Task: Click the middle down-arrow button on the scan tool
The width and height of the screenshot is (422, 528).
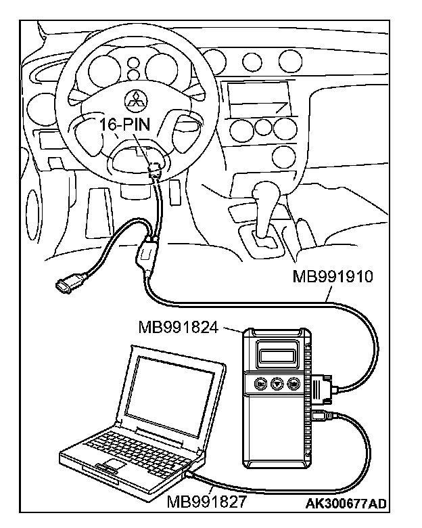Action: [x=277, y=383]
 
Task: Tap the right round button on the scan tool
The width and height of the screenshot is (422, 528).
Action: [x=293, y=383]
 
